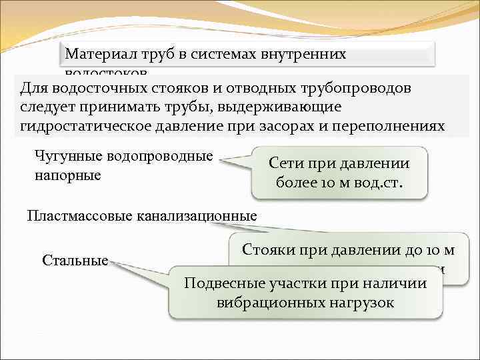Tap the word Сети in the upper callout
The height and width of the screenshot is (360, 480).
[x=289, y=163]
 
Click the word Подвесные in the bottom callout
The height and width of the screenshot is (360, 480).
[x=219, y=283]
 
